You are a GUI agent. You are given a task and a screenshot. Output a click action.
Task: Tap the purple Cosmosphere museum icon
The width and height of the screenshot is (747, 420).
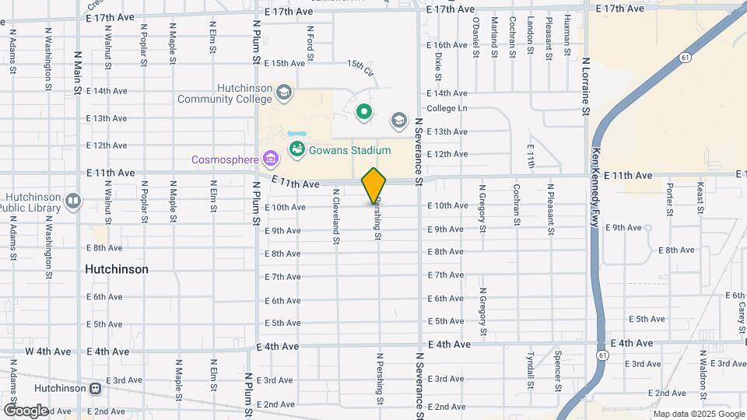coord(271,159)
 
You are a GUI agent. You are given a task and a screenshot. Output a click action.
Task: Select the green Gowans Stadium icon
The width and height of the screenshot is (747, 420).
coord(296,149)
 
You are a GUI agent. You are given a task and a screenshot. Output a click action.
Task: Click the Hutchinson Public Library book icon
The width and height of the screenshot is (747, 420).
coord(73,201)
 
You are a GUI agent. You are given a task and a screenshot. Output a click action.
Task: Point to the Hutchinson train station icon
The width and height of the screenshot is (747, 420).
coord(96,388)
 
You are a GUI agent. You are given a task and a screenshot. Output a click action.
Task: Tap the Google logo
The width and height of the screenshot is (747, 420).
coord(26,411)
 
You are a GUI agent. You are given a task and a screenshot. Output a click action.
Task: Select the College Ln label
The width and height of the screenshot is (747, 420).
coord(446,109)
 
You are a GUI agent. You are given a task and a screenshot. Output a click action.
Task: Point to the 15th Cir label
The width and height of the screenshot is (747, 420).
coord(360,68)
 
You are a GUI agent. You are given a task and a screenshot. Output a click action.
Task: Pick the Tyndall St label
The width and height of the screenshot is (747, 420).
coord(529,369)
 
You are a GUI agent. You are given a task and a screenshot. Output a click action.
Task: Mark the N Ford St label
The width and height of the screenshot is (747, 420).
coord(310,43)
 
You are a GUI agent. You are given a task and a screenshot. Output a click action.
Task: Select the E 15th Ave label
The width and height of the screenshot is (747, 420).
coord(284,63)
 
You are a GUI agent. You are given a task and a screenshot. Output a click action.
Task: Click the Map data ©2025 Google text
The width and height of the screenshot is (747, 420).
coord(697,414)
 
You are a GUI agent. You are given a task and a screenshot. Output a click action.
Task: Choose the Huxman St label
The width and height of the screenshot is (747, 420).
coord(567,37)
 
